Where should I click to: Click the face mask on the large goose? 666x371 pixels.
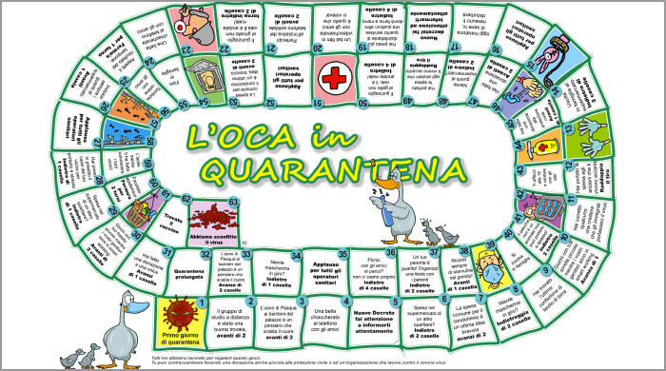[x=133, y=308]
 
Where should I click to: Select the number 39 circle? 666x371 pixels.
[x=475, y=249]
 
